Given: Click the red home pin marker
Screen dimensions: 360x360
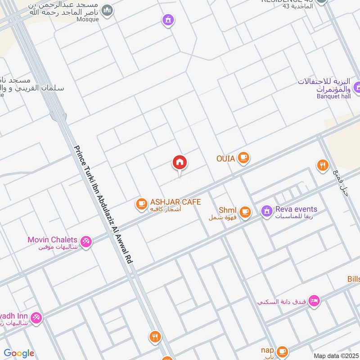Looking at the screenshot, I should click(x=180, y=163).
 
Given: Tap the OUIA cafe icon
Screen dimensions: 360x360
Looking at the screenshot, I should click(x=243, y=157).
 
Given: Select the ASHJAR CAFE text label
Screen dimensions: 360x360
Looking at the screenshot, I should click(x=175, y=202).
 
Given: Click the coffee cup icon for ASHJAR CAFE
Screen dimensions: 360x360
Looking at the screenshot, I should click(x=141, y=204).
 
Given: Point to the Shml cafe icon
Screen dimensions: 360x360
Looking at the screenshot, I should click(x=245, y=211).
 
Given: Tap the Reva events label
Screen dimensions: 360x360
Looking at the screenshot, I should click(x=297, y=209).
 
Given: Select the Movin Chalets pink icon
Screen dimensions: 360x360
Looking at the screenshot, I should click(x=86, y=241).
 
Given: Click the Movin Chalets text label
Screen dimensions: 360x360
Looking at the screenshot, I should click(x=52, y=240).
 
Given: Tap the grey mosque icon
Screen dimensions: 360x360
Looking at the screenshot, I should click(x=107, y=10).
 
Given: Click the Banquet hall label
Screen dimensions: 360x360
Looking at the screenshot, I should click(x=333, y=96).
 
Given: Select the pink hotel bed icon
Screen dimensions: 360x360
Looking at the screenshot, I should click(x=314, y=301).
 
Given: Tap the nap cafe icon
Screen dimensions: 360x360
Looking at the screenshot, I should click(x=282, y=351).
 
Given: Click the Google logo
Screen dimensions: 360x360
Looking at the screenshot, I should click(x=19, y=353).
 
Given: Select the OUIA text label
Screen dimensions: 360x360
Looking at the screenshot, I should click(x=225, y=158).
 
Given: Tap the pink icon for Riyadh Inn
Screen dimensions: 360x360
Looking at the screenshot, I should click(x=36, y=318).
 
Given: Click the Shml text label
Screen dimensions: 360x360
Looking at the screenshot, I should click(x=227, y=210).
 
